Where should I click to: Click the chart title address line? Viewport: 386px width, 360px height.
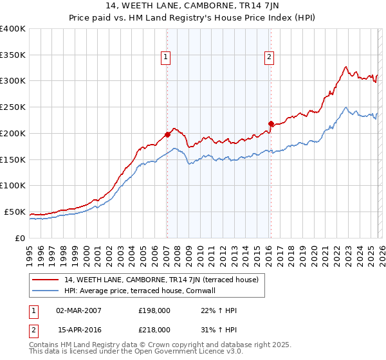pyautogui.click(x=192, y=7)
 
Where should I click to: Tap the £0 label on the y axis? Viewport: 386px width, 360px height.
pyautogui.click(x=19, y=238)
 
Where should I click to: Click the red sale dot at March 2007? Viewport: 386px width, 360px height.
pyautogui.click(x=167, y=134)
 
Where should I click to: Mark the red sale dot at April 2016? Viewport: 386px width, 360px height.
pyautogui.click(x=271, y=123)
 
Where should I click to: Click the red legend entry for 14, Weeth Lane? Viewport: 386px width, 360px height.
pyautogui.click(x=161, y=280)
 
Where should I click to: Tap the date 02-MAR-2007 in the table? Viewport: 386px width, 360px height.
pyautogui.click(x=78, y=310)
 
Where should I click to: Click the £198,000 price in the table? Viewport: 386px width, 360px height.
pyautogui.click(x=154, y=310)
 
